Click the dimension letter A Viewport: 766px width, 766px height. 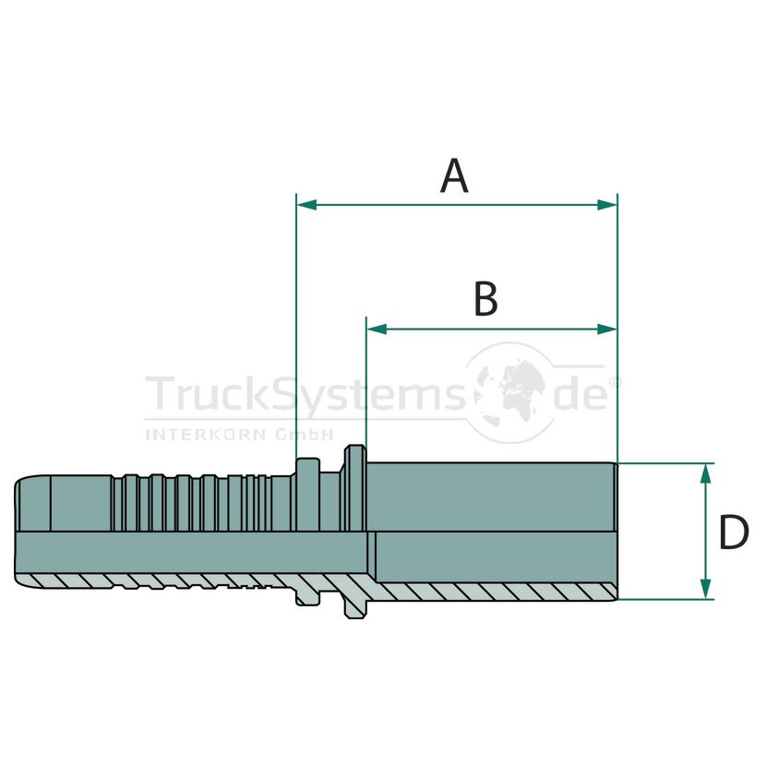(454, 176)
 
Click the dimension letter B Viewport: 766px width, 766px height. (485, 298)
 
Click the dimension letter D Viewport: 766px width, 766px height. (734, 532)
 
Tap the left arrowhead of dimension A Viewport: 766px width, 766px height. (306, 205)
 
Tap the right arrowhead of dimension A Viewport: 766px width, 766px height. (606, 205)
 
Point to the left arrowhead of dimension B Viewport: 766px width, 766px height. (377, 329)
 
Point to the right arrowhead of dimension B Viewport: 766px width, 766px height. (606, 329)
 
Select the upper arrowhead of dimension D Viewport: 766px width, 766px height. (705, 473)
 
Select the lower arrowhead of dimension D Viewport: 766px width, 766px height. (705, 589)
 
